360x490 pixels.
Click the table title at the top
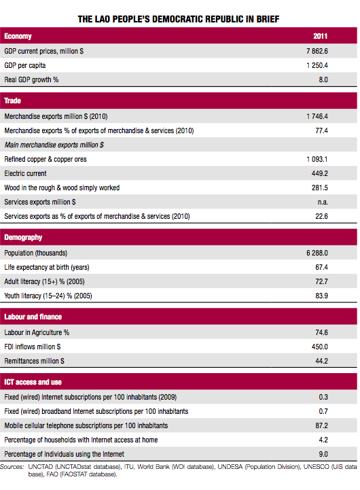[179, 20]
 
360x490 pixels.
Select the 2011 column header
[321, 36]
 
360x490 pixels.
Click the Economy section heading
[18, 36]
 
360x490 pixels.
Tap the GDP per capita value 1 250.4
[317, 65]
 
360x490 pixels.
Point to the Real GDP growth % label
[31, 80]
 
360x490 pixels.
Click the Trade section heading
[12, 101]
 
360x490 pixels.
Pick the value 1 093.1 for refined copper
[317, 159]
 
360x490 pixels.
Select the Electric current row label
[25, 173]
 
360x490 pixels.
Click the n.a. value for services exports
[323, 203]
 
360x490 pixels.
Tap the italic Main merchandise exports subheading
[54, 145]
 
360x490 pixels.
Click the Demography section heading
[23, 237]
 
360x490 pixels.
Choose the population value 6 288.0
[317, 253]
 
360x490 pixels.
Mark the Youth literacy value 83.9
[321, 296]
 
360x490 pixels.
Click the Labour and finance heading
[33, 317]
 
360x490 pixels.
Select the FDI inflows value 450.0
[320, 347]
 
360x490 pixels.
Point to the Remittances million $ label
[34, 361]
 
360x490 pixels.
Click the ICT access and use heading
[33, 382]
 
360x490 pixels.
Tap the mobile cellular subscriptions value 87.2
[321, 425]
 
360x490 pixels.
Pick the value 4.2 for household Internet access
[323, 440]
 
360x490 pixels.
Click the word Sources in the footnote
[12, 467]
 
